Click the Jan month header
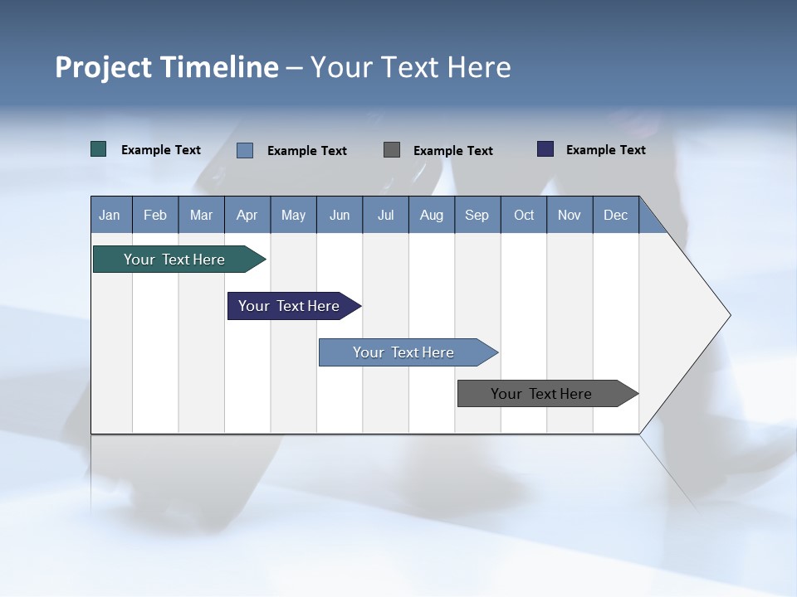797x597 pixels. tap(110, 215)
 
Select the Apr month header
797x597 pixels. tap(247, 215)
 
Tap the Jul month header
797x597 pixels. tap(385, 215)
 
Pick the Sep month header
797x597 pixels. tap(477, 215)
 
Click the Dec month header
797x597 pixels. tap(615, 215)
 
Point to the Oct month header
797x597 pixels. tap(524, 215)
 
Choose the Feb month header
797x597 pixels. tap(155, 215)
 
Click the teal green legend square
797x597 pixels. tap(98, 149)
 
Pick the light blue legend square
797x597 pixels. tap(245, 150)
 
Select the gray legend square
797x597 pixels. tap(392, 149)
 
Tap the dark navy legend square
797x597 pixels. tap(545, 149)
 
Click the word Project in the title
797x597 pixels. tap(101, 67)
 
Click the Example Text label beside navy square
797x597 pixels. tap(605, 150)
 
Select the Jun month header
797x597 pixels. tap(340, 215)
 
